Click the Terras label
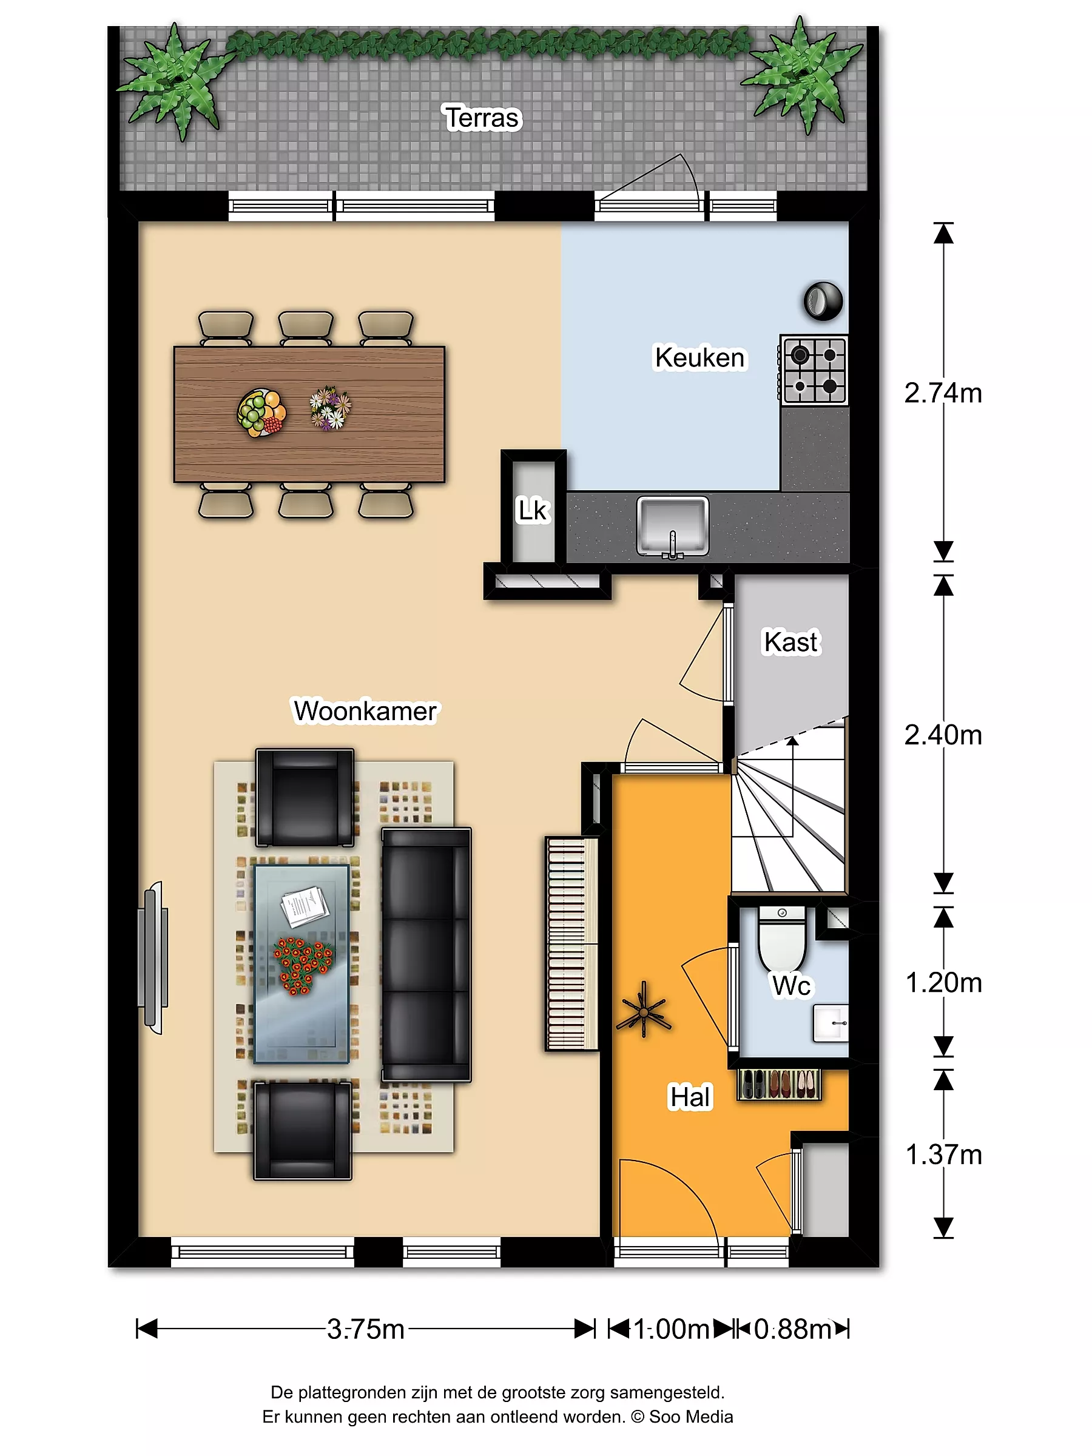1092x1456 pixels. [x=482, y=118]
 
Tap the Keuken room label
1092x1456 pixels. [x=699, y=357]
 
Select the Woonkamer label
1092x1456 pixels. [x=365, y=711]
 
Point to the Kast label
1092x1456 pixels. [x=791, y=642]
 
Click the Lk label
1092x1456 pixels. [x=533, y=510]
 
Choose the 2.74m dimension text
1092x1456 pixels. [x=943, y=393]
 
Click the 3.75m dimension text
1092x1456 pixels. [x=366, y=1329]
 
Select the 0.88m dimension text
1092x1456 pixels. [x=792, y=1329]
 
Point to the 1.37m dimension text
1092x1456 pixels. [x=944, y=1154]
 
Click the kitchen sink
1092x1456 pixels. [x=672, y=527]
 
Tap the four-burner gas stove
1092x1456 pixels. [x=814, y=369]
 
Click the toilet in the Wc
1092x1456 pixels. [x=782, y=938]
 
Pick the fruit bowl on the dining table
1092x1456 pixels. [x=261, y=413]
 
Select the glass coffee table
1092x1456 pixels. [x=302, y=965]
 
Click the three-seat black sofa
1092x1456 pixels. [x=426, y=955]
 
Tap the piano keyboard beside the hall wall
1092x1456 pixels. [x=572, y=943]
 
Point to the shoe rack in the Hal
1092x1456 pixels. [x=780, y=1084]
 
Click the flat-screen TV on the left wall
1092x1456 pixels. [x=153, y=958]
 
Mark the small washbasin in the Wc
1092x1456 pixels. [x=831, y=1023]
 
